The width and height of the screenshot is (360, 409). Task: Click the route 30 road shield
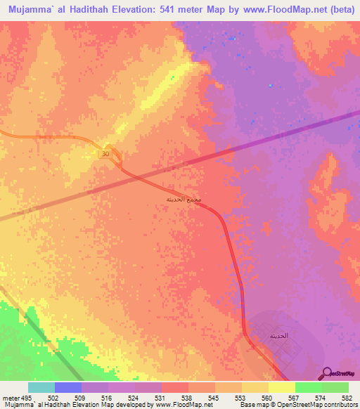105,154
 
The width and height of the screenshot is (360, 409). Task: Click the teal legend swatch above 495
41,387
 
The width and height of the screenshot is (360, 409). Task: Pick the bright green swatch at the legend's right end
335,387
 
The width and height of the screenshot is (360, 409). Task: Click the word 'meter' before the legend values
12,398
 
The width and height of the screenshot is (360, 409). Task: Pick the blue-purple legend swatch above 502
68,387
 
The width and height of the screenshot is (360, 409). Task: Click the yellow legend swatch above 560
255,387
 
